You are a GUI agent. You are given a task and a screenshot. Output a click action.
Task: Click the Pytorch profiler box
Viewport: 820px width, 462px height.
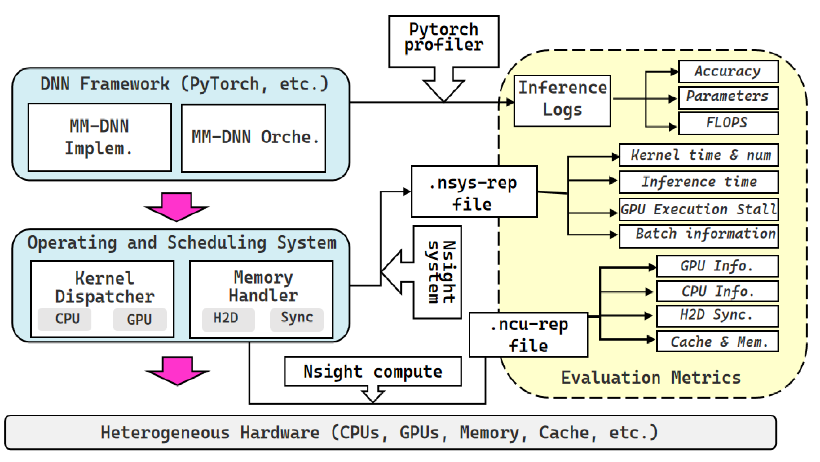click(x=444, y=41)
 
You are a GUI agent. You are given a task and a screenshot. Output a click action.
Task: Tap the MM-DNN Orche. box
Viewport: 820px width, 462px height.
click(x=253, y=138)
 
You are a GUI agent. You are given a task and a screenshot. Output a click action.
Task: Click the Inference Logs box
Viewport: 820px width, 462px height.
click(x=562, y=101)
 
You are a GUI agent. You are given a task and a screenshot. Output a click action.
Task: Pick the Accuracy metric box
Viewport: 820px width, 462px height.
click(x=728, y=71)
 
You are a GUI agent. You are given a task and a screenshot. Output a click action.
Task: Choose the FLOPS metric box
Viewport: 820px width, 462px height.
click(x=728, y=123)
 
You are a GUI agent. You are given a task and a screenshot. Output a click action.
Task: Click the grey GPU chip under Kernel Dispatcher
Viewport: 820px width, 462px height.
click(x=140, y=320)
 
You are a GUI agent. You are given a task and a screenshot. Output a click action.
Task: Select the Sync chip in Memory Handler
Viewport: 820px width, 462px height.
click(x=296, y=319)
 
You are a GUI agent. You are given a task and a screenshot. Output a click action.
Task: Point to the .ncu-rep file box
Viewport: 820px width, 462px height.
click(x=528, y=335)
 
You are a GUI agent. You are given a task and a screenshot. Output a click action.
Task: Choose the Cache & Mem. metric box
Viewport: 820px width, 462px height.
click(x=717, y=342)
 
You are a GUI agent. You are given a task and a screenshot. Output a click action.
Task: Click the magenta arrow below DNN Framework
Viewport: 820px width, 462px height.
click(x=177, y=207)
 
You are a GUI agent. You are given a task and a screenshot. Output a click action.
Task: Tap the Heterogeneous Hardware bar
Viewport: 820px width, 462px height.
click(x=390, y=433)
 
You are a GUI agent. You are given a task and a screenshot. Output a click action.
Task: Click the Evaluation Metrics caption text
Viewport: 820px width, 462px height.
click(x=651, y=378)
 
